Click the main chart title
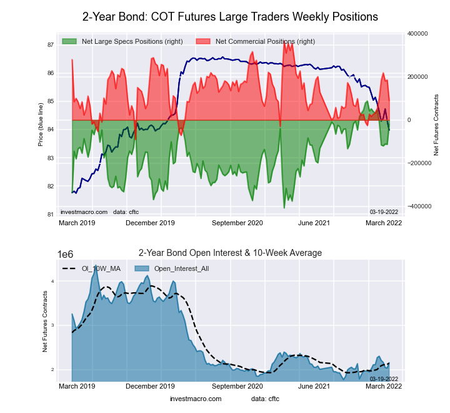point(230,16)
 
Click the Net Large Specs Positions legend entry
point(132,41)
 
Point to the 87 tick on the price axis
point(49,45)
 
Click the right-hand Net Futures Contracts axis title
point(436,125)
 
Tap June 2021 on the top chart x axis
point(313,222)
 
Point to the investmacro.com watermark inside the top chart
point(84,212)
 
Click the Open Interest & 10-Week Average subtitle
point(230,253)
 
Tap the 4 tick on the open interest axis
point(52,282)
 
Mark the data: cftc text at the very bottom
point(266,399)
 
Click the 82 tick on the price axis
point(49,186)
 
